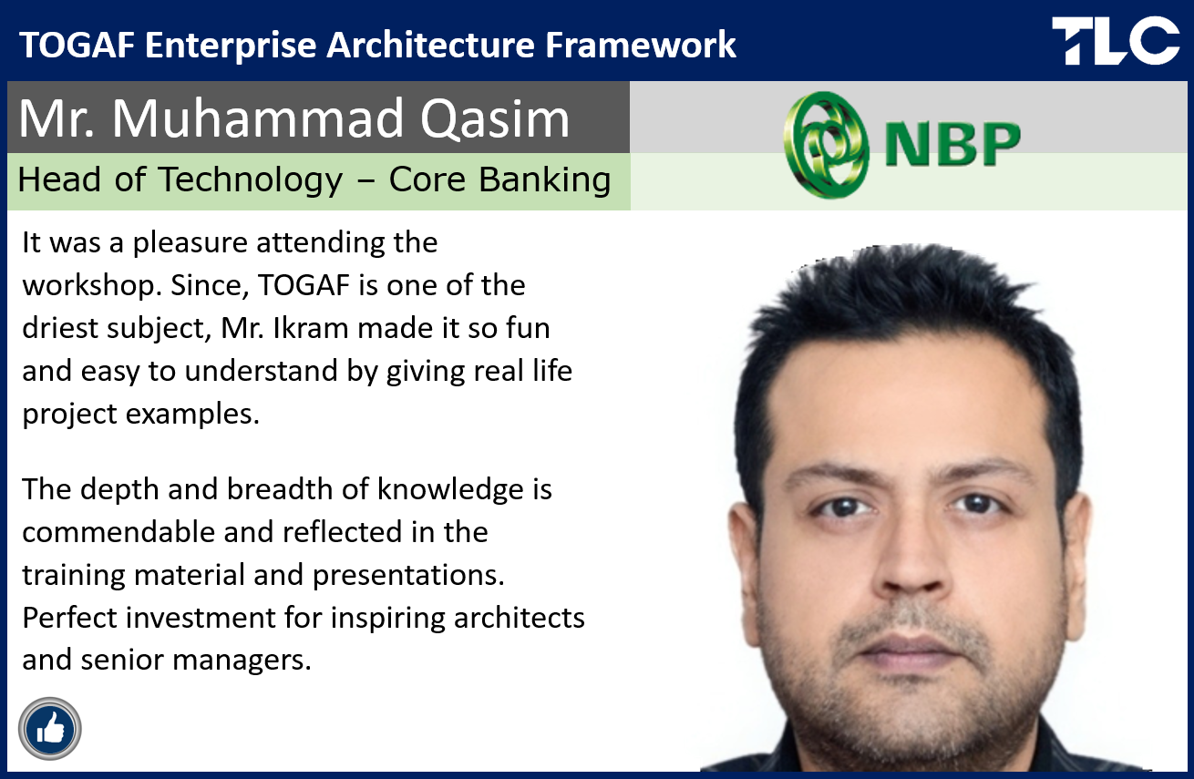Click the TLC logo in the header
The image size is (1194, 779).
1116,40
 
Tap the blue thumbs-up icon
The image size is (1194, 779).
49,728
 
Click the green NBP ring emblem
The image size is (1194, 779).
827,145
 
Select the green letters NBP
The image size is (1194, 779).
952,144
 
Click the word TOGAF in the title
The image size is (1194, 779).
77,45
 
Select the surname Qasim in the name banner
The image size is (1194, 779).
495,119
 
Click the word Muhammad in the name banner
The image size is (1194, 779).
257,118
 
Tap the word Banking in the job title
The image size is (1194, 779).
544,180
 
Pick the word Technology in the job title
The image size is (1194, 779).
251,180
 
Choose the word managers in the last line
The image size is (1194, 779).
242,661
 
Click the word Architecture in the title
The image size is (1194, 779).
430,45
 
